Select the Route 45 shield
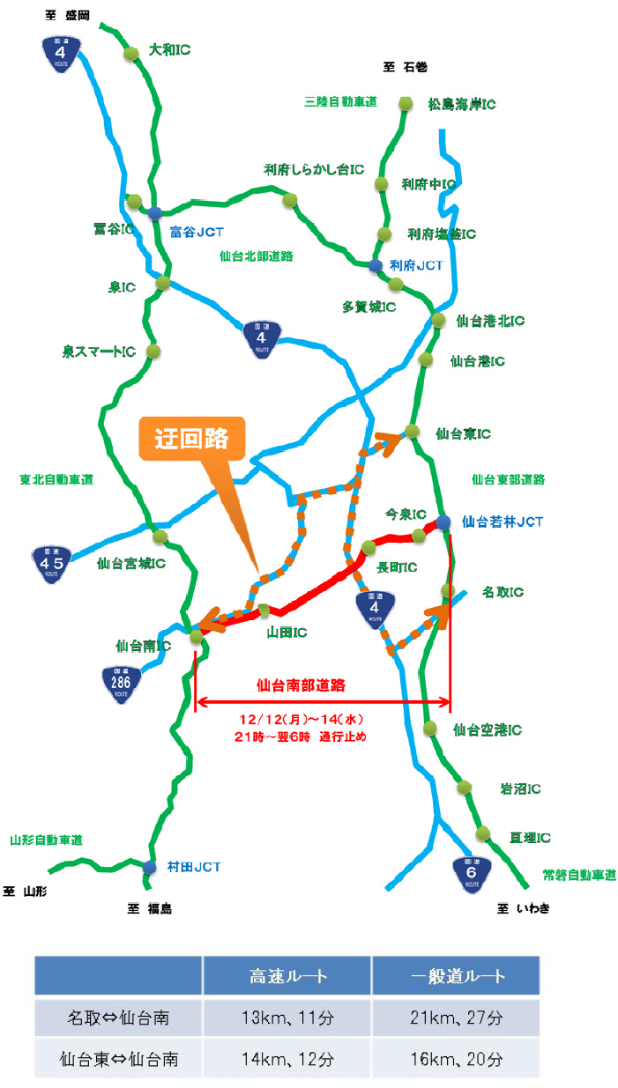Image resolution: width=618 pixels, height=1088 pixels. (x=56, y=562)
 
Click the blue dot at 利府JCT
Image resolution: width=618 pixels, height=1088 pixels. (x=375, y=265)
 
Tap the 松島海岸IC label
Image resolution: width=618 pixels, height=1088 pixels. (x=460, y=104)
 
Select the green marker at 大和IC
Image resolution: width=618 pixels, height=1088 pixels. (x=131, y=54)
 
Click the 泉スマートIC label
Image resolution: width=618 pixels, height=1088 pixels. (x=98, y=352)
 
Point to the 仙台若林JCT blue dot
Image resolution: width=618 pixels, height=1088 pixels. (x=443, y=522)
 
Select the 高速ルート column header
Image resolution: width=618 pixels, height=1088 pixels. (x=287, y=976)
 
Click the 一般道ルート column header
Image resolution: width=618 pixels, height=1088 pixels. (x=456, y=976)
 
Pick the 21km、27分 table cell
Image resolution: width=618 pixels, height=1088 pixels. (x=456, y=1018)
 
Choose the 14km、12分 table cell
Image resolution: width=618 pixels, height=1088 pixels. (x=287, y=1059)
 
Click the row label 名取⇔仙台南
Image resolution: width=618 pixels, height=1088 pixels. (x=119, y=1018)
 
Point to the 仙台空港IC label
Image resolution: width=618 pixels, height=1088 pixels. (x=487, y=729)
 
